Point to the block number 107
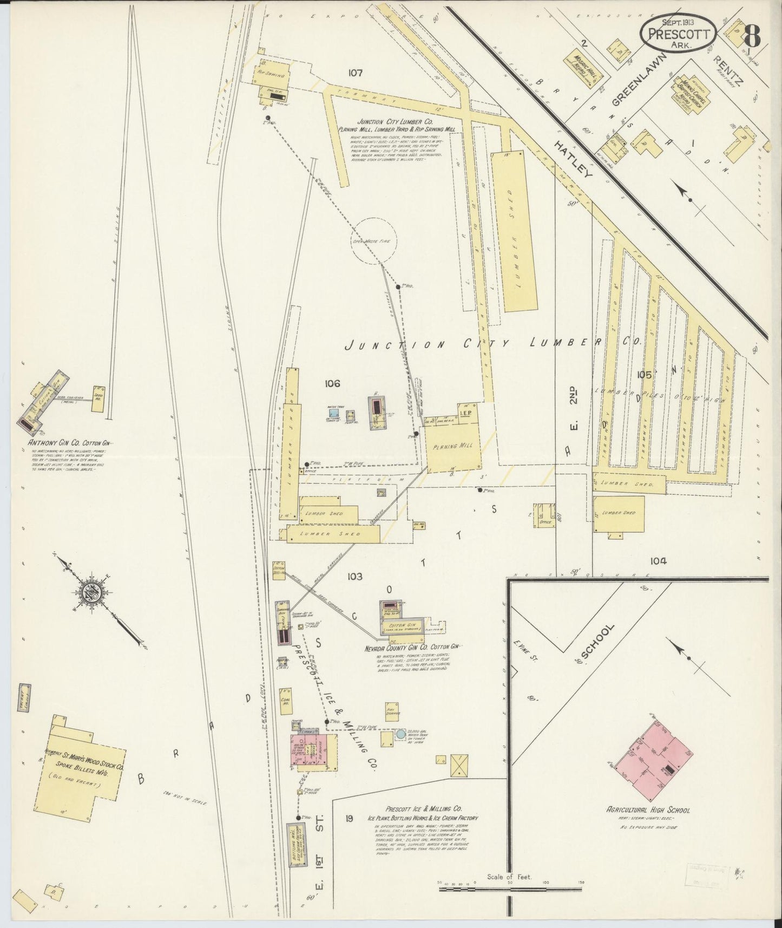355,72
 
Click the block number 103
355,577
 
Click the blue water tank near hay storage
400,735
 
